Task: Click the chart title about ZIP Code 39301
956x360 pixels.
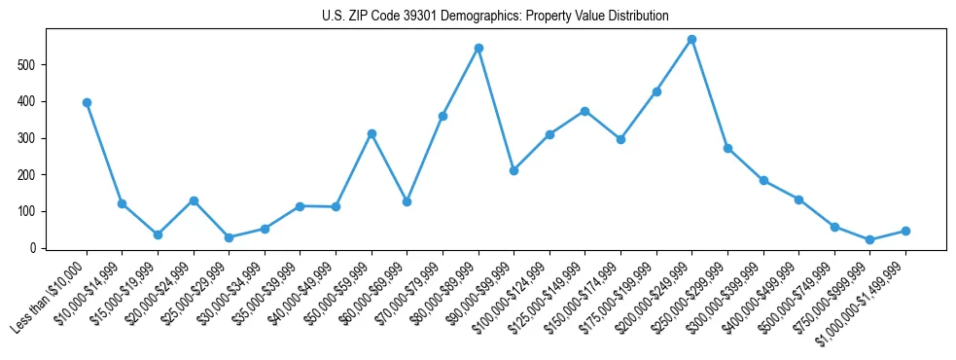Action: click(495, 17)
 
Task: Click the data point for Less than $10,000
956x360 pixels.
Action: click(87, 102)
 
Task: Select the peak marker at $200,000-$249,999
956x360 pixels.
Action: click(691, 40)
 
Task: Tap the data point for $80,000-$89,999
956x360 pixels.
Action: click(478, 48)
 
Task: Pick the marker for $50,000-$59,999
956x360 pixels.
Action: click(372, 133)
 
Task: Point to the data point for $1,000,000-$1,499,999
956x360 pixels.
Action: click(905, 231)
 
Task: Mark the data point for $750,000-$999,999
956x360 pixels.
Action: click(869, 239)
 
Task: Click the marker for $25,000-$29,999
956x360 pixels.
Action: click(229, 237)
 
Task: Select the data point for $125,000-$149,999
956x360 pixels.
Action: click(584, 111)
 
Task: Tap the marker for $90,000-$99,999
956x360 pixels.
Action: click(513, 170)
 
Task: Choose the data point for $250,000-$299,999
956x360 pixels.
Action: click(727, 148)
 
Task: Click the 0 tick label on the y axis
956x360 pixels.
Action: click(39, 248)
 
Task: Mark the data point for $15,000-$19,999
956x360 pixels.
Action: click(158, 234)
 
